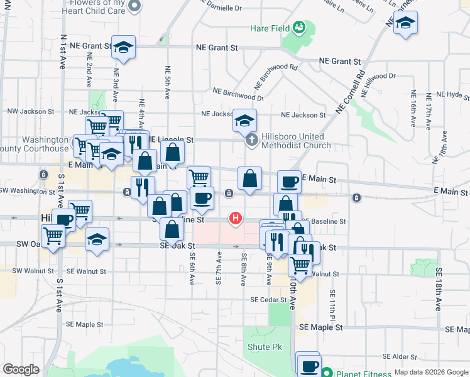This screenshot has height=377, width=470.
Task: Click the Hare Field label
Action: pyautogui.click(x=270, y=28)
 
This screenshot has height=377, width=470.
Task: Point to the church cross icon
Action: pyautogui.click(x=251, y=139)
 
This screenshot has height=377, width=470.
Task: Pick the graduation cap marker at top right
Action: pyautogui.click(x=406, y=23)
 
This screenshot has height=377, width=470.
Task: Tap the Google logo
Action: pyautogui.click(x=21, y=369)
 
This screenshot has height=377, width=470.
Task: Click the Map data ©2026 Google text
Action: pyautogui.click(x=430, y=373)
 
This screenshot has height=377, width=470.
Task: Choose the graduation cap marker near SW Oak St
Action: pyautogui.click(x=97, y=239)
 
